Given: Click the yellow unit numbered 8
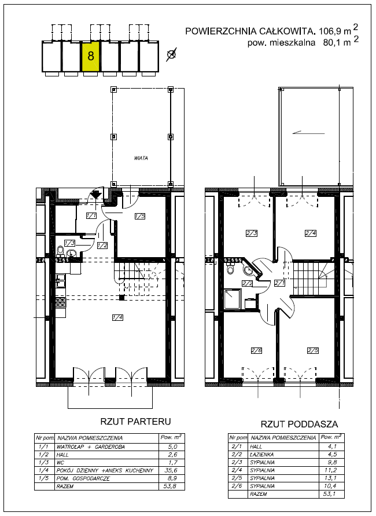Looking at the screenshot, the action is click(90, 56).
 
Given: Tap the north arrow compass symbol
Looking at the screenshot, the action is click(171, 54).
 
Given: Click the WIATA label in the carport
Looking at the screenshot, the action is click(141, 158).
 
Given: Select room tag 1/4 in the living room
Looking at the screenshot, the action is click(117, 317).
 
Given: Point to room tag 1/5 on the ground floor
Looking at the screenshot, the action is click(140, 216).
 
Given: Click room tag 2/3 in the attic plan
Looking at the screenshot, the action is click(252, 233).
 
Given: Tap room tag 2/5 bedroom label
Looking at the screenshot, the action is click(313, 350).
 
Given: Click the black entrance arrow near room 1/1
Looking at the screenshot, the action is click(95, 194).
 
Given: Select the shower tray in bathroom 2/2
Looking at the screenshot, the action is click(233, 299).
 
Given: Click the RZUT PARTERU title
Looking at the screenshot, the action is click(136, 421).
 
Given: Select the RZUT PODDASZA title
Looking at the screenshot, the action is click(300, 424).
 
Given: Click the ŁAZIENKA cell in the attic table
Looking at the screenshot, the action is click(262, 454).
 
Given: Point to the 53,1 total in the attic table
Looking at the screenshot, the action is click(330, 493).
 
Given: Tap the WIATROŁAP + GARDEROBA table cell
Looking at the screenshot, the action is click(91, 447).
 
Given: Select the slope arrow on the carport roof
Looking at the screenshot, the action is click(308, 133).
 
